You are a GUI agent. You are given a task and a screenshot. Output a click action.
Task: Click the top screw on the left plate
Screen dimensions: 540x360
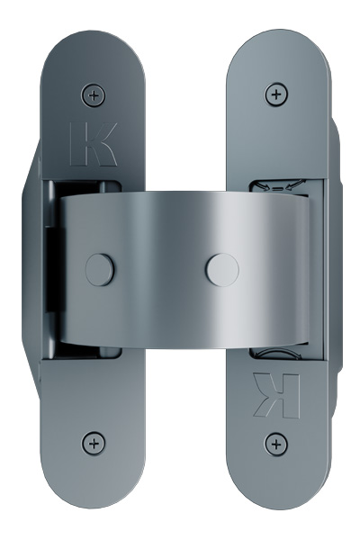93,94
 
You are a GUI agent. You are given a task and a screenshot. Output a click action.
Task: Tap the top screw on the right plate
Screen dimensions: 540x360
275,94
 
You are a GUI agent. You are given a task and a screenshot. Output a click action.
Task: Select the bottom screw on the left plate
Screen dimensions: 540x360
93,442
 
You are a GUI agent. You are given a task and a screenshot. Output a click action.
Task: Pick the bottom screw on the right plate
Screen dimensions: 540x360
275,442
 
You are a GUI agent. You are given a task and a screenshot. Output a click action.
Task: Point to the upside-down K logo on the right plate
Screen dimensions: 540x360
275,394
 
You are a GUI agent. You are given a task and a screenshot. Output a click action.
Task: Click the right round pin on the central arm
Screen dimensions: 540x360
221,268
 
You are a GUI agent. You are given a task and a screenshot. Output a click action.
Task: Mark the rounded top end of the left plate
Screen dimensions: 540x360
92,49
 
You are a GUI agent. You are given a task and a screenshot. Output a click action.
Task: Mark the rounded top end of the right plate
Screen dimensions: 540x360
275,49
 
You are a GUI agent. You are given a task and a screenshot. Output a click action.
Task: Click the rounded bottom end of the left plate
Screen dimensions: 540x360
92,490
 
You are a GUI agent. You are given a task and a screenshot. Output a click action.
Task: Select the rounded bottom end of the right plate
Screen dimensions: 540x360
275,490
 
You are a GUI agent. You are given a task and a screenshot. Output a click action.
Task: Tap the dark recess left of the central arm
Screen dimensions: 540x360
51,270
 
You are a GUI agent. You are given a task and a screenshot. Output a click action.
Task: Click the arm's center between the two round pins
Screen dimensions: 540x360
159,268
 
